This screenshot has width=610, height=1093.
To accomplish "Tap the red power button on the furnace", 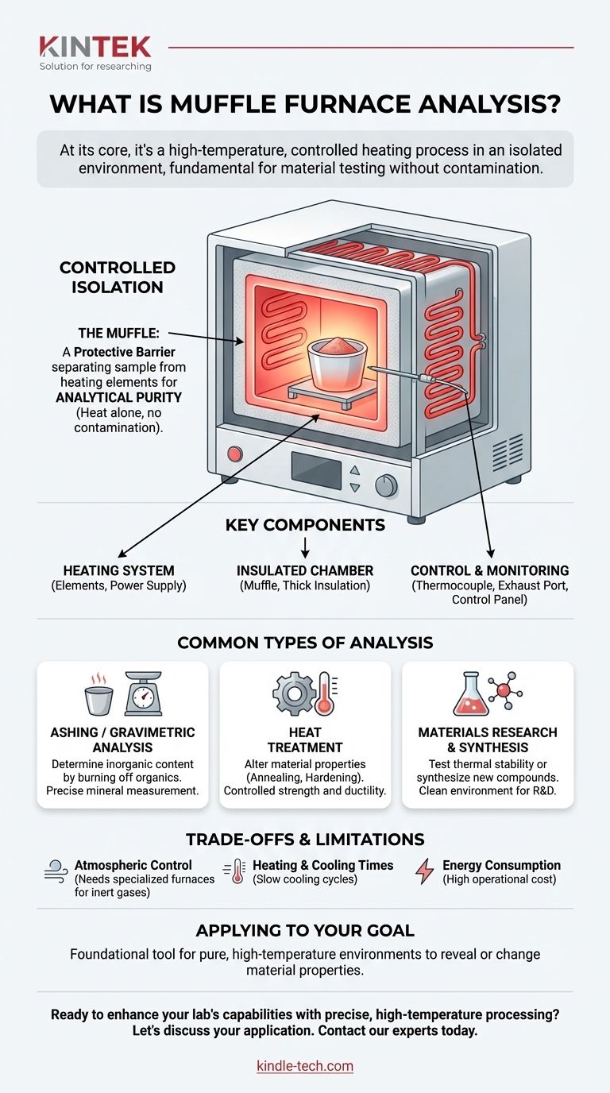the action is (235, 454).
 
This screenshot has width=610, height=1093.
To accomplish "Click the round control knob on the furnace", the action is (386, 485).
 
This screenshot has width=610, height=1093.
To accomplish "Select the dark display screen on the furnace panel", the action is (316, 470).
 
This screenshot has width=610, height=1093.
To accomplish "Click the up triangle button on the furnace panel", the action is (355, 470).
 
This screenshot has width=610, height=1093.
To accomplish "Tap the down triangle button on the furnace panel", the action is (355, 488).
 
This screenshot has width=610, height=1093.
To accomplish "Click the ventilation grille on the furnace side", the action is (507, 452).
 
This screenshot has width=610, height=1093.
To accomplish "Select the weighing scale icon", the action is (143, 693).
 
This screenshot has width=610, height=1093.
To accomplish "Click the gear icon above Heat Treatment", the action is (294, 693).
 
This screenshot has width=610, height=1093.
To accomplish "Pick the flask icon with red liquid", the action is (471, 694).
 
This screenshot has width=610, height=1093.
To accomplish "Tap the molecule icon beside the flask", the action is (505, 691).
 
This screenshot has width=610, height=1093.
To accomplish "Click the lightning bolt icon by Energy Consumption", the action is (424, 871).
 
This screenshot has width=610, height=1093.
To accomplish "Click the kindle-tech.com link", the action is (305, 1066).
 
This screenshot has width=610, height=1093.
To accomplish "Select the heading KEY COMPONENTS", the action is (305, 525).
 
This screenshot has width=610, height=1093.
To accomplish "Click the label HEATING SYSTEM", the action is (118, 570).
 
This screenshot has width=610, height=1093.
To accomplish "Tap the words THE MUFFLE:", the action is (118, 334).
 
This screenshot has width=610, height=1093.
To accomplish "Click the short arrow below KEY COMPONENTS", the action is (305, 547).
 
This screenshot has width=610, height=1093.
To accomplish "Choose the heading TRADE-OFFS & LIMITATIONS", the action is (305, 840).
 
